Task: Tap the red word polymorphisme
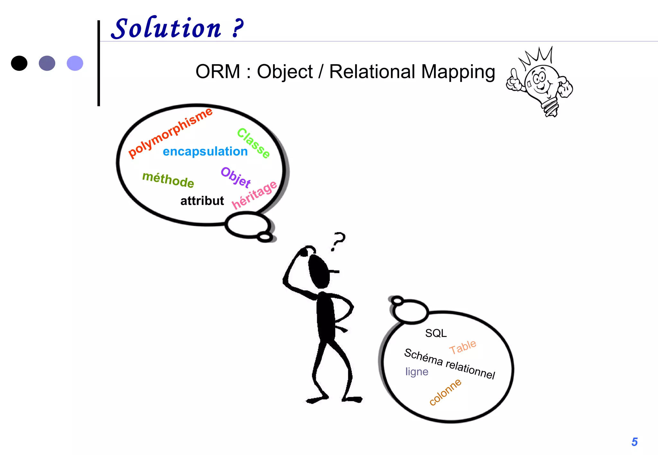[x=170, y=133]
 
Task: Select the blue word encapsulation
[x=205, y=151]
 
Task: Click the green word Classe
[x=253, y=143]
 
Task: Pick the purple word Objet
[x=236, y=177]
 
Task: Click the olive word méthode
[x=168, y=179]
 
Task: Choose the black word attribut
[x=202, y=201]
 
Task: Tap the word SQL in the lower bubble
[x=436, y=333]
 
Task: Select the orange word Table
[x=463, y=347]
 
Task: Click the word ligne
[x=417, y=372]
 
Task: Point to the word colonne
[x=445, y=392]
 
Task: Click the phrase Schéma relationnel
[x=449, y=364]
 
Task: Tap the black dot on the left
[x=19, y=63]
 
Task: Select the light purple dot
[x=75, y=63]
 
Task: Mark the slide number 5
[x=635, y=442]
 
